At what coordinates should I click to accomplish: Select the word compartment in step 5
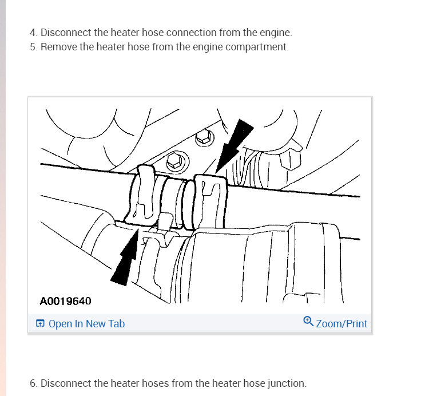coord(260,47)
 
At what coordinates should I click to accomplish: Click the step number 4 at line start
coord(33,33)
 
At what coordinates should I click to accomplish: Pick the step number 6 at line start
coord(33,383)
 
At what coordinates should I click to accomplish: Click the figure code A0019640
coord(66,300)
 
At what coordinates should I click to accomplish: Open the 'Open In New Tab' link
coord(86,324)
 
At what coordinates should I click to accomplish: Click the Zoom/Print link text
coord(341,324)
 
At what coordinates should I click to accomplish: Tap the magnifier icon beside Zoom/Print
coord(308,322)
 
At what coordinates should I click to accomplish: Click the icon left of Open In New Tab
coord(40,324)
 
